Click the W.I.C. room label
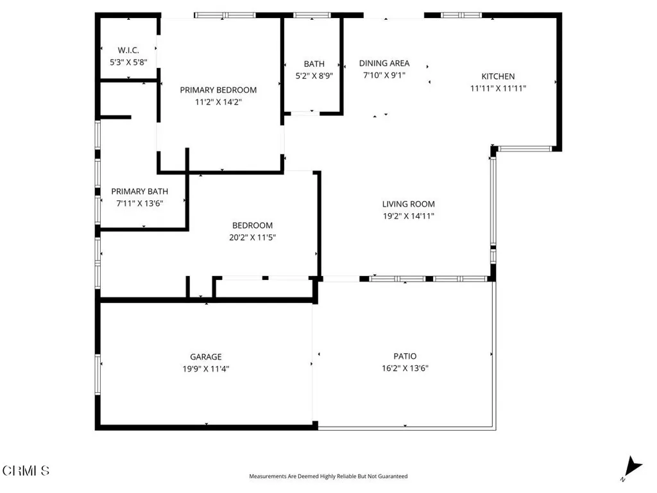[128, 50]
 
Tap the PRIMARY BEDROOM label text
[218, 90]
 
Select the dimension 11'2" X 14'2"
[218, 101]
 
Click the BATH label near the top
[314, 64]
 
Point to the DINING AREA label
[384, 63]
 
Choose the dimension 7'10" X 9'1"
[384, 75]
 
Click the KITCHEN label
[498, 76]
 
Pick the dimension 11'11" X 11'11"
[498, 89]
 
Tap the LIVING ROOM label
[409, 204]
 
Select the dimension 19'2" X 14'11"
[409, 216]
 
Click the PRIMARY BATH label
[139, 191]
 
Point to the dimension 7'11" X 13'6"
[139, 203]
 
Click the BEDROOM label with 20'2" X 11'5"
[252, 225]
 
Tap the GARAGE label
[205, 357]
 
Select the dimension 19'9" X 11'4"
[205, 369]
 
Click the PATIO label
[405, 356]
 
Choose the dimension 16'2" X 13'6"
[405, 368]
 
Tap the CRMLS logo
[26, 471]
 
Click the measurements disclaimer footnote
[328, 476]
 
